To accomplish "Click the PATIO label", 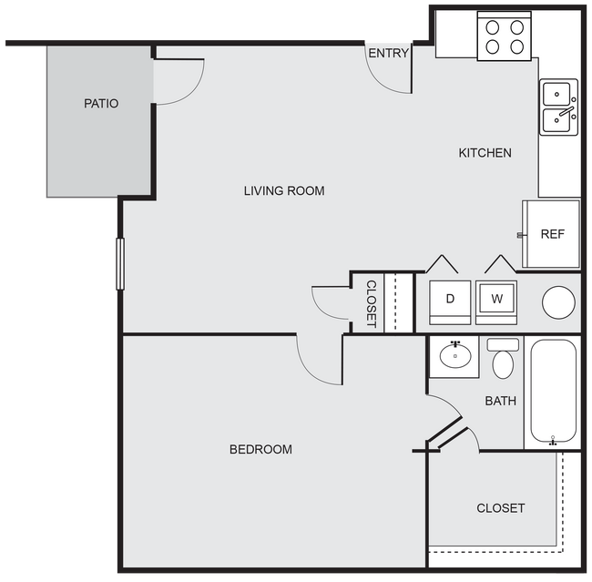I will (101, 104).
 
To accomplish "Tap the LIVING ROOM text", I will (284, 191).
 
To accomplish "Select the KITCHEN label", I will (485, 153).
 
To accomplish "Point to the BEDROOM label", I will (260, 449).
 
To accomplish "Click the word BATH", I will (500, 401).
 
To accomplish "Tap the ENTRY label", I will (388, 54).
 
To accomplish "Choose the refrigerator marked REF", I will (551, 234).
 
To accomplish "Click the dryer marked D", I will (450, 299).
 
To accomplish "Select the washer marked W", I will (496, 299).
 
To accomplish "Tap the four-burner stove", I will (504, 36).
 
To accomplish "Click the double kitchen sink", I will (558, 107).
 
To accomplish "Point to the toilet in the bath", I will (503, 360).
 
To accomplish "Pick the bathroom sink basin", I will (454, 355).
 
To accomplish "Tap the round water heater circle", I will (558, 301).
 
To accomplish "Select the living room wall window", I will (119, 263).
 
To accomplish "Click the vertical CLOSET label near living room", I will (371, 303).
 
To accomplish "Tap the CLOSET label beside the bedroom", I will (500, 508).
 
